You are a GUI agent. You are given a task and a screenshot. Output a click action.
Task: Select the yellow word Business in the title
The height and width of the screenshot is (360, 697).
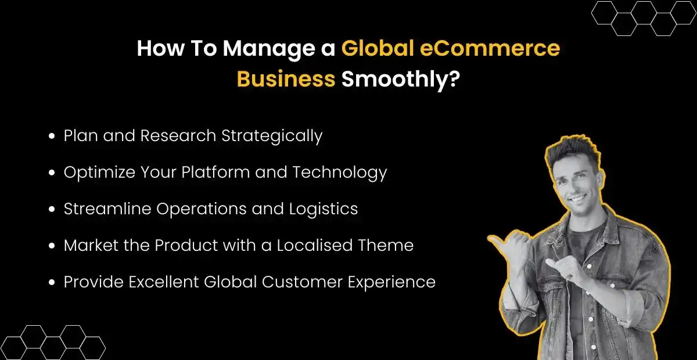pos(286,78)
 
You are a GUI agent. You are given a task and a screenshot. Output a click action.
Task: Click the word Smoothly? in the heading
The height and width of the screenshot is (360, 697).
pos(401,78)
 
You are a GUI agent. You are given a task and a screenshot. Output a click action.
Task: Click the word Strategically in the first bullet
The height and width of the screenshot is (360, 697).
pos(272,136)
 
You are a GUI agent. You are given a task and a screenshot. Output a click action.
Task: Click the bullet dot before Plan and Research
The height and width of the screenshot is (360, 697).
pos(52,136)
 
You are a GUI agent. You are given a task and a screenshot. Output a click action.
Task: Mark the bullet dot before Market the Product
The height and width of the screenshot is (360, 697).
pos(52,246)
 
